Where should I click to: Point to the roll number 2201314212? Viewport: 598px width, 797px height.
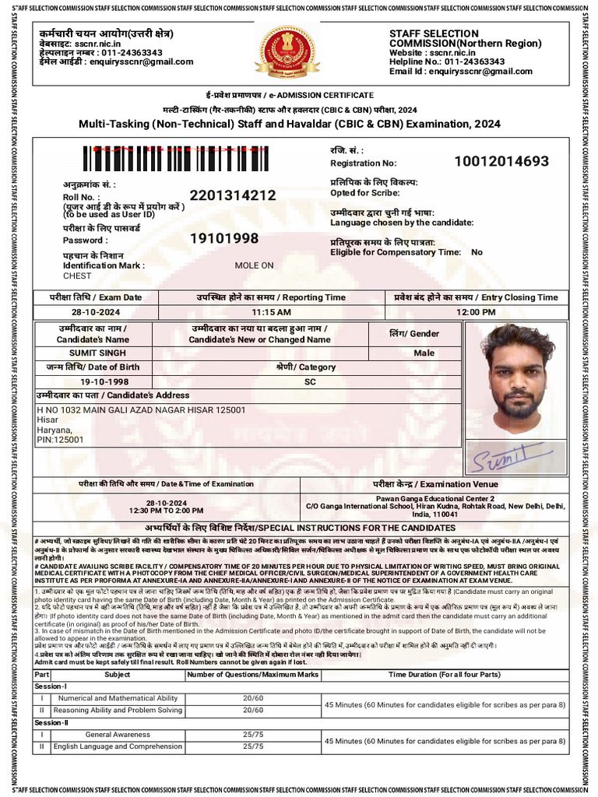tap(232, 195)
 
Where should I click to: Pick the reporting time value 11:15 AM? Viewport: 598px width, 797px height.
tap(270, 311)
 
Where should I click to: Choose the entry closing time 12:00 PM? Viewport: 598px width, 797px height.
tap(476, 311)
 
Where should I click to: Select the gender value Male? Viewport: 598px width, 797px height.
tap(424, 353)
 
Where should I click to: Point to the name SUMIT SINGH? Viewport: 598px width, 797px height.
tap(93, 353)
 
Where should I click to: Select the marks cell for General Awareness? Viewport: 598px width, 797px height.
tap(253, 735)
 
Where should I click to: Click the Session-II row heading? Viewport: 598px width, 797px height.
tap(51, 723)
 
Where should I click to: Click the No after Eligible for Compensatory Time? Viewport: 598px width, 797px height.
tap(477, 252)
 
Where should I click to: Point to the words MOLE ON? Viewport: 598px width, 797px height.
tap(254, 265)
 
